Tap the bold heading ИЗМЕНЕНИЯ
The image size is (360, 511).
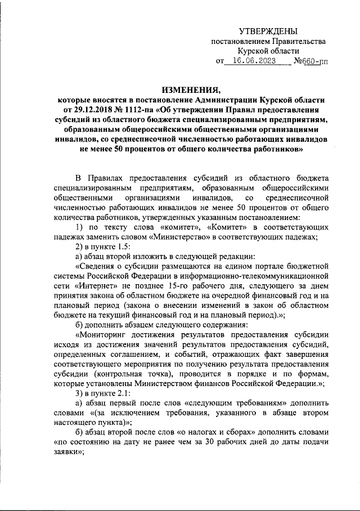(x=191, y=89)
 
